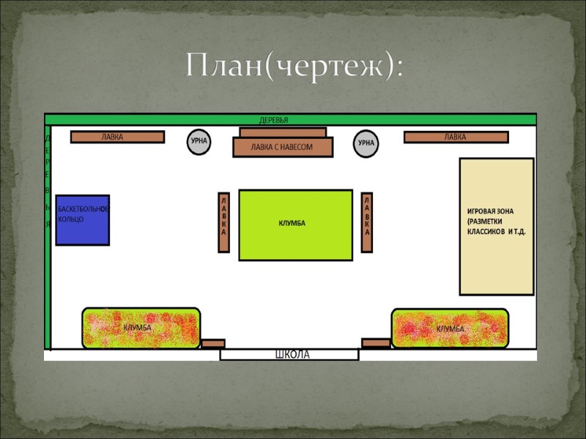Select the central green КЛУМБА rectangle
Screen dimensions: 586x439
tap(295, 225)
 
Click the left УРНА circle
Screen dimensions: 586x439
tap(198, 142)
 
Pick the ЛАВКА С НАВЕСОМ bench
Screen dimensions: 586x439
tap(283, 146)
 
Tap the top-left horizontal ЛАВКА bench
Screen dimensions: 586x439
tap(117, 137)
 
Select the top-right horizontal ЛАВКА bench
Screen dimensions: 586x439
tap(456, 137)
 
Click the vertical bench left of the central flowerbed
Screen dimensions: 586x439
tap(224, 222)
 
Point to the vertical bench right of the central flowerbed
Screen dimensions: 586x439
tap(367, 222)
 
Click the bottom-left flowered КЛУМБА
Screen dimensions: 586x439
tap(140, 328)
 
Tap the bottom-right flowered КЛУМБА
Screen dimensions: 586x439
tap(450, 328)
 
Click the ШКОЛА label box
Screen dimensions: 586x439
tap(290, 355)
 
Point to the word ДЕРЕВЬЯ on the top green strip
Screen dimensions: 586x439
tap(274, 120)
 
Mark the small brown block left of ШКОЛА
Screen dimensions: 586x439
tap(213, 343)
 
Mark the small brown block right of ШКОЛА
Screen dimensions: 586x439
tap(376, 342)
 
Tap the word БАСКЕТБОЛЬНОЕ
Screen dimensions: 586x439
tap(83, 209)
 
